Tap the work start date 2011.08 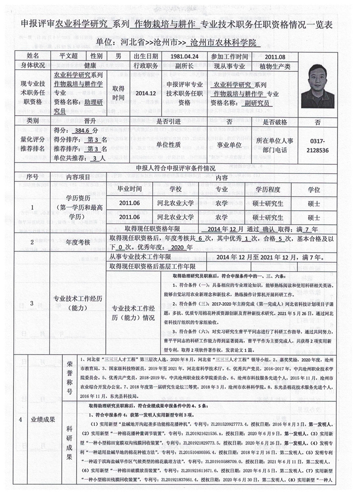(x=278, y=56)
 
